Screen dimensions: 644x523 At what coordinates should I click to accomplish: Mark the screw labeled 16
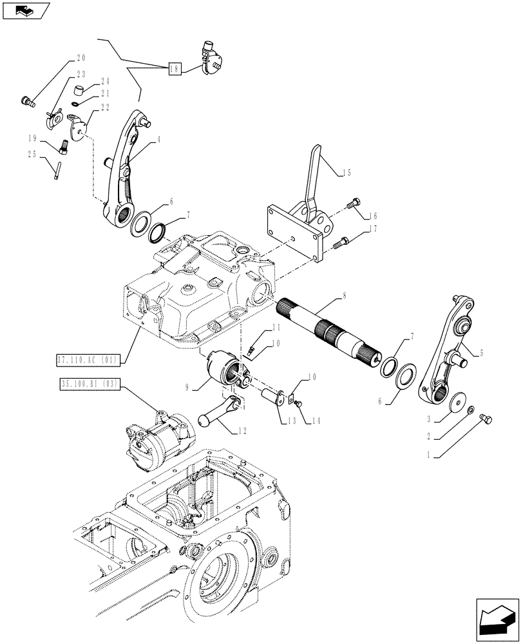(x=352, y=204)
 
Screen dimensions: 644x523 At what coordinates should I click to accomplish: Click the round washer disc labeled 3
(x=459, y=401)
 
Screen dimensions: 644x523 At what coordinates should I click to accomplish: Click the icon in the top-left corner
(x=25, y=10)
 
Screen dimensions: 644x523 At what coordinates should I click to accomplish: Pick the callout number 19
(x=31, y=138)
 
